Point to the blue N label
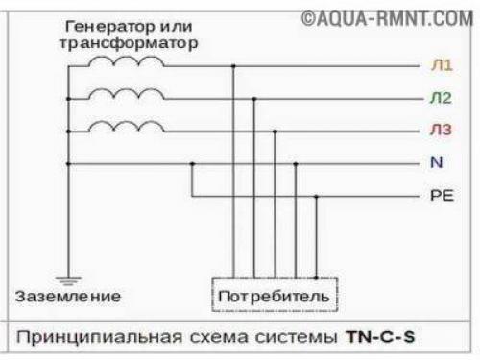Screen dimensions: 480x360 click(437, 163)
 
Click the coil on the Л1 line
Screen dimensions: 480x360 click(126, 60)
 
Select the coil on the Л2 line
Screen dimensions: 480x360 click(126, 92)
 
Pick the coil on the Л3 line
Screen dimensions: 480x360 click(126, 125)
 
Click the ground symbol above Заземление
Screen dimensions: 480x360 click(67, 278)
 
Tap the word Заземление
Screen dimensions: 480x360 click(67, 296)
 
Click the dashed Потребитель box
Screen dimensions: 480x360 click(274, 295)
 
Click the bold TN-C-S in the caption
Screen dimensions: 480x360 click(383, 337)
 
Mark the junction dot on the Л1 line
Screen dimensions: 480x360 click(233, 66)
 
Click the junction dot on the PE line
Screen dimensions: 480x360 click(317, 196)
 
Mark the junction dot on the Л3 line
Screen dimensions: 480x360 click(275, 131)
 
